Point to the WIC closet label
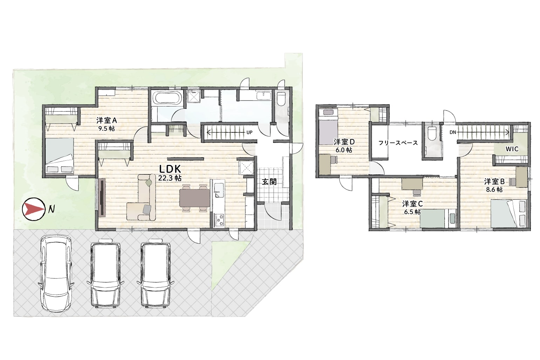pyautogui.click(x=512, y=149)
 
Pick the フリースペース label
pyautogui.click(x=398, y=143)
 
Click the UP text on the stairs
pyautogui.click(x=249, y=132)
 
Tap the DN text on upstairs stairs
pyautogui.click(x=453, y=132)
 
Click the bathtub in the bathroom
pyautogui.click(x=167, y=98)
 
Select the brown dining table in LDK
pyautogui.click(x=195, y=198)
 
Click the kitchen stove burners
pyautogui.click(x=220, y=220)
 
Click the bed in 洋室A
pyautogui.click(x=60, y=155)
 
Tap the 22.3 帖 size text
pyautogui.click(x=170, y=178)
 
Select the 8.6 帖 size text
pyautogui.click(x=494, y=190)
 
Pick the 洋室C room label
pyautogui.click(x=412, y=204)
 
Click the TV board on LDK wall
pyautogui.click(x=102, y=198)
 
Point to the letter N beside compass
pyautogui.click(x=51, y=209)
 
